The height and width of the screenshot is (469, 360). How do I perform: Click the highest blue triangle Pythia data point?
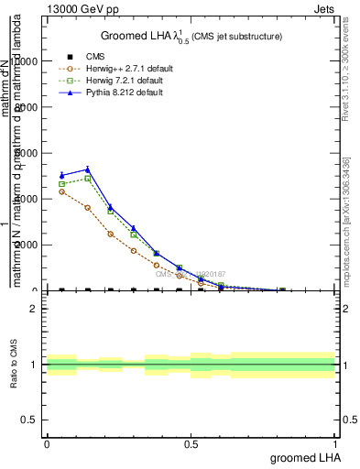[x=87, y=169]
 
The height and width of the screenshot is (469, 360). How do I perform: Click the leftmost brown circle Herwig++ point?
[x=61, y=191]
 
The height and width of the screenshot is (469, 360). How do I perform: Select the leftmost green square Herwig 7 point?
[x=61, y=184]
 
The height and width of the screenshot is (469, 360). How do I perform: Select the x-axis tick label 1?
[x=334, y=443]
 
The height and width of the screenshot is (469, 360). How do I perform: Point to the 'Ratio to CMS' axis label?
[x=14, y=365]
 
